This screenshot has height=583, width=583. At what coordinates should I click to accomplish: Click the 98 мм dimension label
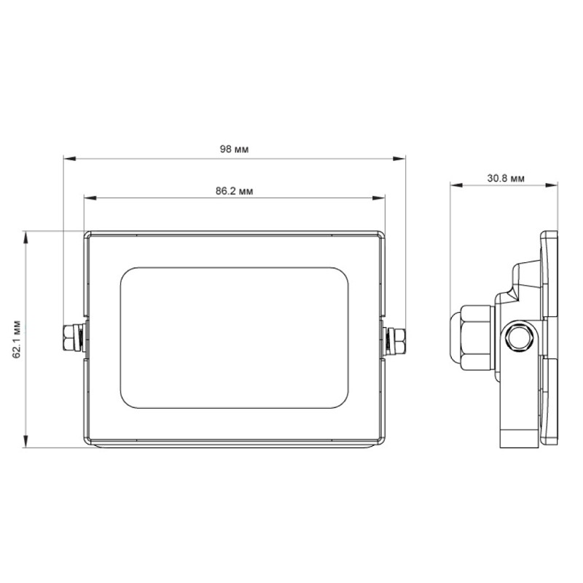[234, 149]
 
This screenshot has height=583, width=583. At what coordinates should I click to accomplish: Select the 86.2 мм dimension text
[234, 191]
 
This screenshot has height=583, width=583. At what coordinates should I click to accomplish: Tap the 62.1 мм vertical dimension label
[17, 339]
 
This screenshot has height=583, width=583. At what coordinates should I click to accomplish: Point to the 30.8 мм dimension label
[506, 179]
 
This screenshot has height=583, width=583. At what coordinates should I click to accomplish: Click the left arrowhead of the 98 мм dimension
[69, 159]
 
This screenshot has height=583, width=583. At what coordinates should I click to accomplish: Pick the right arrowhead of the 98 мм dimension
[399, 159]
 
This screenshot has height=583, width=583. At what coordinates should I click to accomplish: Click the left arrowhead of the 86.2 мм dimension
[90, 197]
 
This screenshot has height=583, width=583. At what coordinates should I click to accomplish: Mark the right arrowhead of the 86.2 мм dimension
[378, 197]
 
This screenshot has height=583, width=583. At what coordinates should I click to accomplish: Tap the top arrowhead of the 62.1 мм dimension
[26, 238]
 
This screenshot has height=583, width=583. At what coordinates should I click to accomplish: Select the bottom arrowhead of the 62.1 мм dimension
[26, 442]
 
